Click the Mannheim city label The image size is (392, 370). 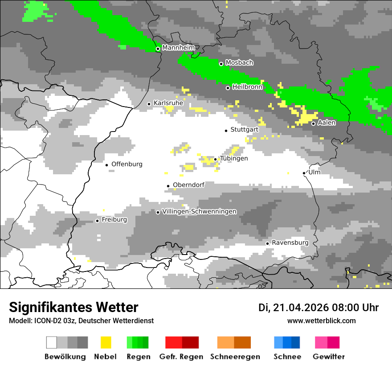[x=178, y=48]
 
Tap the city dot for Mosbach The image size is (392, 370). [x=221, y=64]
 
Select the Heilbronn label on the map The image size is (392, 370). [x=247, y=87]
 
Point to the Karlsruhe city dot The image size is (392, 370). [x=149, y=104]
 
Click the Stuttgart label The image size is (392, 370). [x=245, y=130]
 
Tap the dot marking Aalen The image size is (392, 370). [x=314, y=123]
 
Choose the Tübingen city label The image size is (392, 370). [x=234, y=159]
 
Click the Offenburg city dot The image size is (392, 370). [x=107, y=165]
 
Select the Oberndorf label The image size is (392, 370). [x=188, y=185]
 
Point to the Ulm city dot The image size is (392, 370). [x=304, y=173]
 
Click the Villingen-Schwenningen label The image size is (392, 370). [x=200, y=212]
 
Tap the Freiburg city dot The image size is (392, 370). [x=97, y=221]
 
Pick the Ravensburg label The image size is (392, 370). [x=290, y=243]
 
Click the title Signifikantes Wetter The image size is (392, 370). [x=73, y=308]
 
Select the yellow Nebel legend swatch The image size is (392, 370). [x=106, y=342]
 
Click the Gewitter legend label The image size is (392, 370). [x=329, y=357]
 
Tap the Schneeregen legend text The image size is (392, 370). [x=235, y=357]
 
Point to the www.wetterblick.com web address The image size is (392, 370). [x=321, y=321]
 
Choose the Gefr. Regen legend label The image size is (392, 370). [x=181, y=357]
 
